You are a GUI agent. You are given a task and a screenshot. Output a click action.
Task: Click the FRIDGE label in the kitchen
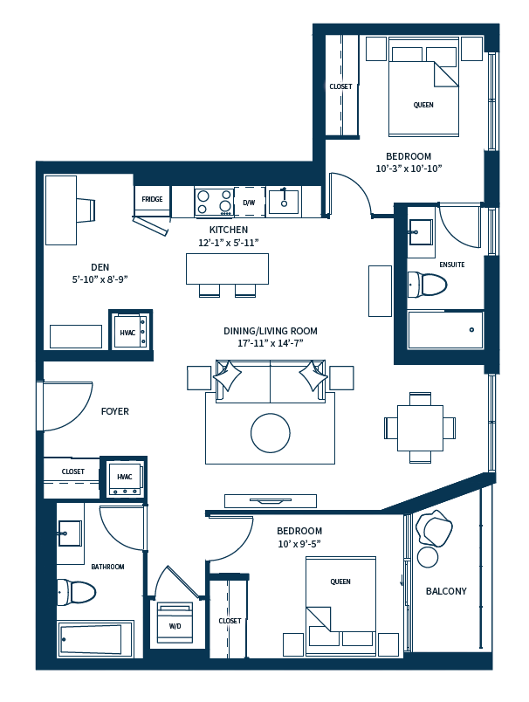click(152, 199)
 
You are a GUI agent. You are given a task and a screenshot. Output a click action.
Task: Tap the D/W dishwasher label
click(249, 203)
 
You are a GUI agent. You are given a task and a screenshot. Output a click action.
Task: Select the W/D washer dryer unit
click(175, 623)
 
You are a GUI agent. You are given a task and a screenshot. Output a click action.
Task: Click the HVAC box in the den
click(128, 332)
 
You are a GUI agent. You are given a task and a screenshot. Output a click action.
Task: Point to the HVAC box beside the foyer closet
click(124, 478)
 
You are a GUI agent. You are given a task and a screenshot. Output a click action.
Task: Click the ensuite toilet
click(428, 284)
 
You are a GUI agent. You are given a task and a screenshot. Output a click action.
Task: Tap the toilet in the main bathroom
click(76, 592)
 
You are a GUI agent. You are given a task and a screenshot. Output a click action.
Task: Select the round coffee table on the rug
click(271, 432)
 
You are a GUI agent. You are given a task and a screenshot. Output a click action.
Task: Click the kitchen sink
click(283, 202)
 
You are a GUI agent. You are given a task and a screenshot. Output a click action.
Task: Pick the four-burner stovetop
click(214, 202)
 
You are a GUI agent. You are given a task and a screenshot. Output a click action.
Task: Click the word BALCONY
click(446, 591)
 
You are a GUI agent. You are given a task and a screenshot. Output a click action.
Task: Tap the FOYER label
click(114, 410)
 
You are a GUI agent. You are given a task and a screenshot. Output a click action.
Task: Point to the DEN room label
click(100, 267)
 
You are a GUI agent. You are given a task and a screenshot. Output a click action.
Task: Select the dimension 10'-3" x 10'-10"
click(409, 169)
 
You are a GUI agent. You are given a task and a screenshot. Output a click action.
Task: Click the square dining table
click(420, 428)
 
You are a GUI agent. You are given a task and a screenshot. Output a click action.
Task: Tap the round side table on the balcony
click(428, 556)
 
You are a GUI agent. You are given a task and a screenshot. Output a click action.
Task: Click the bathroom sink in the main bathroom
click(69, 533)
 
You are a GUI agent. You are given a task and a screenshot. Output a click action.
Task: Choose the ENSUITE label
click(452, 264)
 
